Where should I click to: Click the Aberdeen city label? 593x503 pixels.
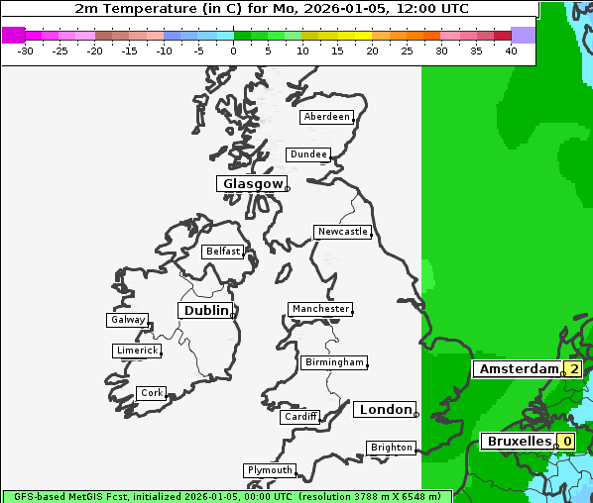click(x=326, y=117)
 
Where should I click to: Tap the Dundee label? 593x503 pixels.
click(x=307, y=154)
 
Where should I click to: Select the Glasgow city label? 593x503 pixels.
click(x=252, y=184)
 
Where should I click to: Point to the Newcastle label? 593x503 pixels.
click(x=342, y=232)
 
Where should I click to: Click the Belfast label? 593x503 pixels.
click(x=222, y=251)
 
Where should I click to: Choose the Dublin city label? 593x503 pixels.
click(x=205, y=311)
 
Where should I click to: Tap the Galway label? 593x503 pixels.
click(x=127, y=320)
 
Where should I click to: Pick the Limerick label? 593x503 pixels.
click(x=136, y=351)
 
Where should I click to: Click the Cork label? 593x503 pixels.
click(x=151, y=393)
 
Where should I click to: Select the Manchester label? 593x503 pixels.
click(x=319, y=309)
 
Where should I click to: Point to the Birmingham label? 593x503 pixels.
click(x=334, y=362)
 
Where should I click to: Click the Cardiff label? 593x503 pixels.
click(x=299, y=417)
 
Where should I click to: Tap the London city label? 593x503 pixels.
click(x=385, y=410)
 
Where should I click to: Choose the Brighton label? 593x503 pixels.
click(x=391, y=448)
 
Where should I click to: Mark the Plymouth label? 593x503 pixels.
click(x=269, y=470)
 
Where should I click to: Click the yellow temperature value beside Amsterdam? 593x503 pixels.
click(x=573, y=369)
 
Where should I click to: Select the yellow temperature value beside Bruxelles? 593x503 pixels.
click(x=565, y=441)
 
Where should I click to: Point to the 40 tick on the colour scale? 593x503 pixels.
click(x=511, y=50)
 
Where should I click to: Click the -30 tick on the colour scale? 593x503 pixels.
click(x=26, y=50)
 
